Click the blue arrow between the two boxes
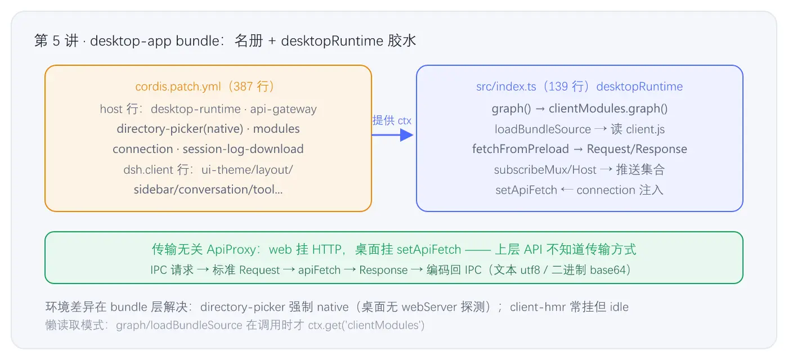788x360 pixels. [x=393, y=135]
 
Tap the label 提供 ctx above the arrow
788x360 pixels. [x=392, y=120]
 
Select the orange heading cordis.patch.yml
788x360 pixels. [x=178, y=87]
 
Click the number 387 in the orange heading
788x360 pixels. [x=243, y=87]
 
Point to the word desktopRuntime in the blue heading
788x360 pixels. [x=639, y=87]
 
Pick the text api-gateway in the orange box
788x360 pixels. [x=283, y=109]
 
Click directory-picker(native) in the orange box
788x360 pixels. [x=180, y=129]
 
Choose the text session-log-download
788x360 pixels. [x=243, y=149]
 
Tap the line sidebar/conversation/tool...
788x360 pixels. [x=208, y=190]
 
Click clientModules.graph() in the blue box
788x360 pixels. [x=608, y=109]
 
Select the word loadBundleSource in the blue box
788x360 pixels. [x=543, y=129]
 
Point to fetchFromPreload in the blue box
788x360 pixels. [x=520, y=149]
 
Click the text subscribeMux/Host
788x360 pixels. [x=545, y=170]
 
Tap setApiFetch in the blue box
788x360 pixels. [x=526, y=190]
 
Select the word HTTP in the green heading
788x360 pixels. [x=327, y=250]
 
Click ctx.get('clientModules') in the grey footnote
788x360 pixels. [x=366, y=325]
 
